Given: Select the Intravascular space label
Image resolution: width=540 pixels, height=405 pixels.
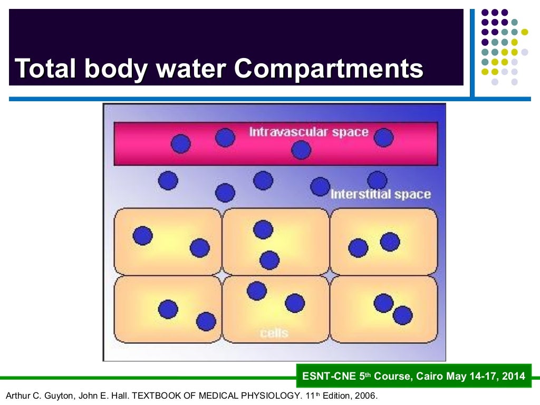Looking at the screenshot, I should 308,132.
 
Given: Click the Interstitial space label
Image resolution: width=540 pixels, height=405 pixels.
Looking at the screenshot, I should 380,195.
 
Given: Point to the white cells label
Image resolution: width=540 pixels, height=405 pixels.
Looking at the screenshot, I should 274,333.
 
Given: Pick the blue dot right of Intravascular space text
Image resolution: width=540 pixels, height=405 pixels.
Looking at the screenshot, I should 384,138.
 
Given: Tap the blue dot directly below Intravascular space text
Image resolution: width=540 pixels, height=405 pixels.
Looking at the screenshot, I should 301,150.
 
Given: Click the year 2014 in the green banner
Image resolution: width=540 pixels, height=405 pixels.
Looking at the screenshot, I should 514,376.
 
